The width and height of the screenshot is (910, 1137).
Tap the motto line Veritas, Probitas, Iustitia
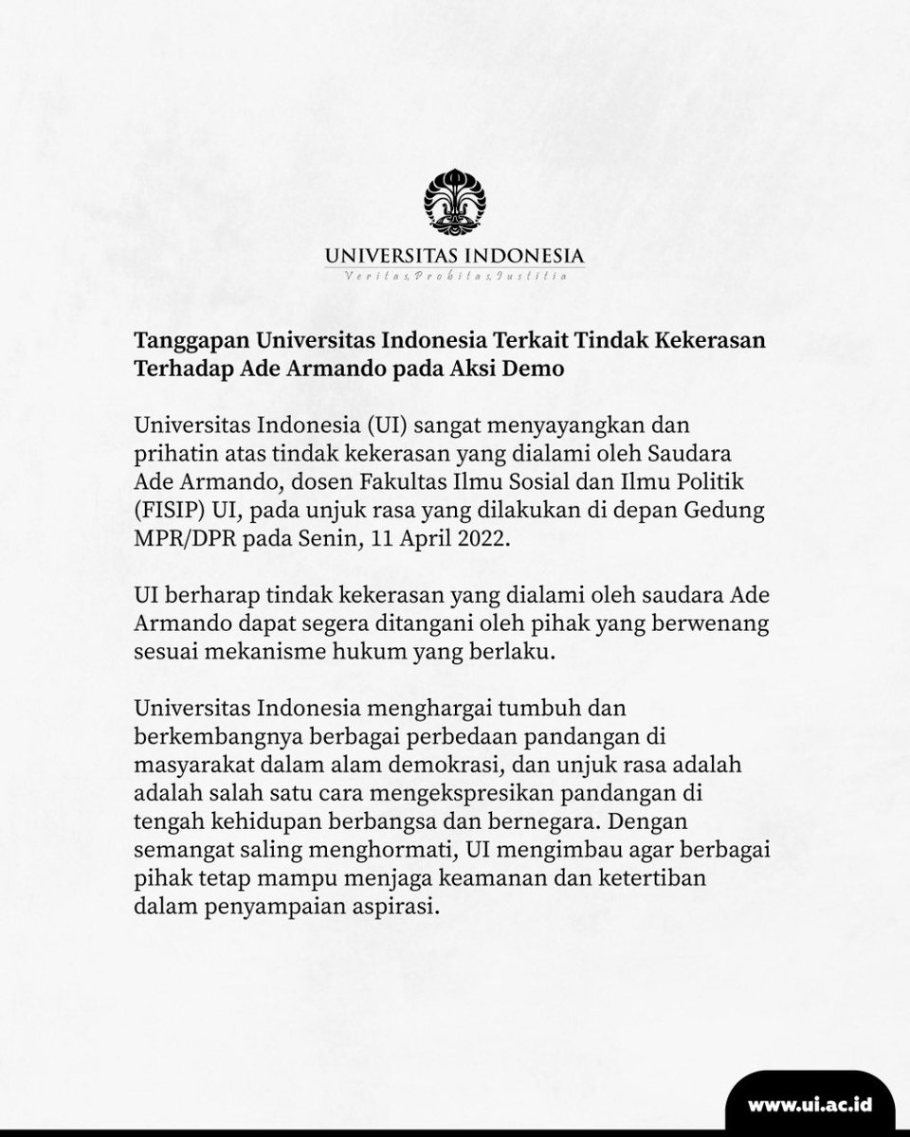coord(454,277)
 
